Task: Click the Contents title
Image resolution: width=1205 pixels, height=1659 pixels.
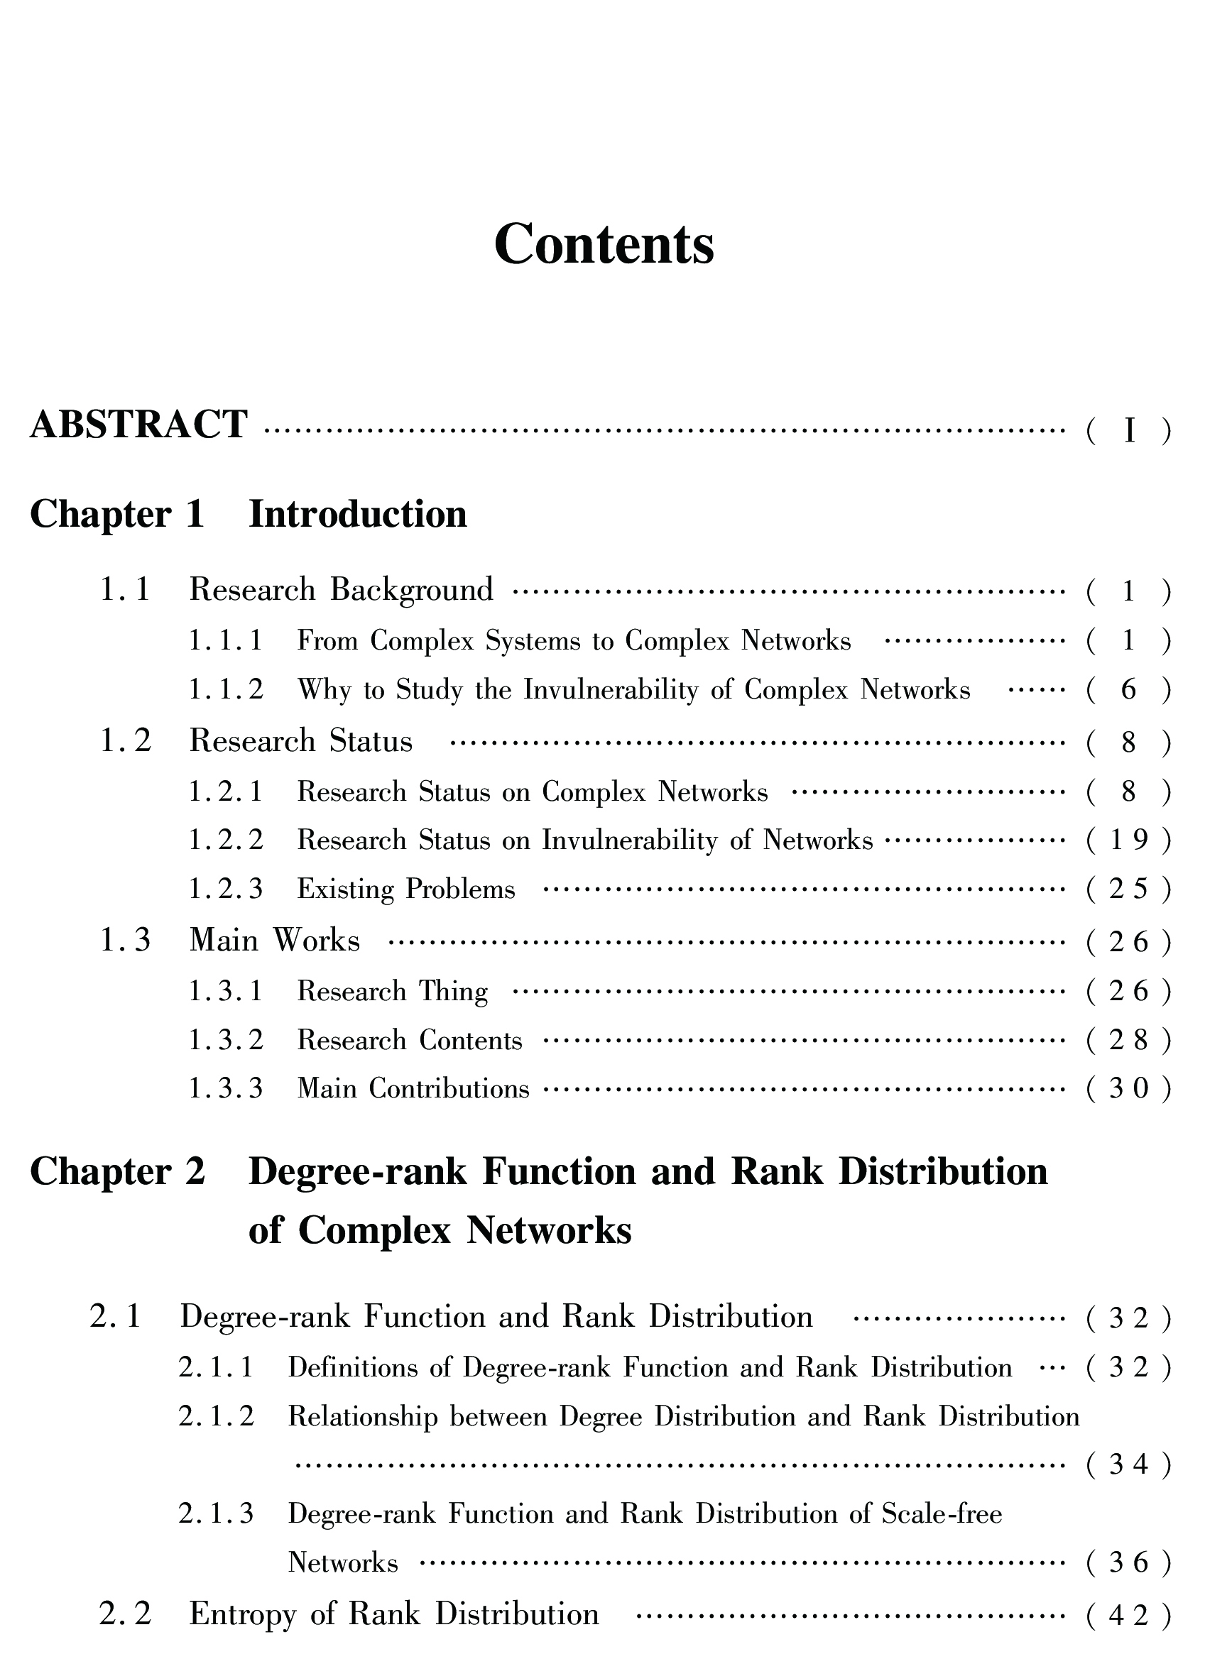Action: [x=604, y=244]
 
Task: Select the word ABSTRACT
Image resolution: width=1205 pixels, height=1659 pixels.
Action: [x=139, y=425]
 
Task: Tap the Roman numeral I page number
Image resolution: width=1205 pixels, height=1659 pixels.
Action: [x=1129, y=431]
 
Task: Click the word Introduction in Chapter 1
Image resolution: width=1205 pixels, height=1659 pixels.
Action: [x=358, y=514]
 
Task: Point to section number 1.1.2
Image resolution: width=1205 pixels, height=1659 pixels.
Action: [x=225, y=690]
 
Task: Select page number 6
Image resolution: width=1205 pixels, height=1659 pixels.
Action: [x=1129, y=690]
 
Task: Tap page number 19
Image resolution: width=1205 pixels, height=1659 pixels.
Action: [x=1129, y=841]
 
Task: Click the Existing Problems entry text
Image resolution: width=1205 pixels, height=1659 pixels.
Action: [x=406, y=889]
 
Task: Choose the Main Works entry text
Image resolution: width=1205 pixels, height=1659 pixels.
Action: [x=274, y=941]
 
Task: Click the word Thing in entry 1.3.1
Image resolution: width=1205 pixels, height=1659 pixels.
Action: [x=453, y=992]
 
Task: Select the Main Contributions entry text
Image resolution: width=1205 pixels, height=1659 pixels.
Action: [x=413, y=1089]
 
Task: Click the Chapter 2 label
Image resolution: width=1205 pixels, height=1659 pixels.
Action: [x=117, y=1172]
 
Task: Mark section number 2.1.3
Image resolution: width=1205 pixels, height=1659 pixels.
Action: [x=216, y=1513]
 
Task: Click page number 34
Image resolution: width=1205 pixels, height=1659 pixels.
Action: [x=1129, y=1464]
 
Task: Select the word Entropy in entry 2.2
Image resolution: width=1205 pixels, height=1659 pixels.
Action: [x=241, y=1614]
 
